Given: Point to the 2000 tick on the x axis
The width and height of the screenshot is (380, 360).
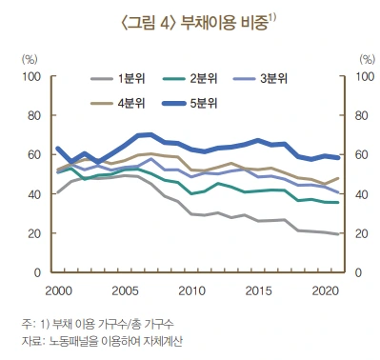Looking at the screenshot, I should point(58,289).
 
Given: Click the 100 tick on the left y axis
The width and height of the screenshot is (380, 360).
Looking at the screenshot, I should point(31,76).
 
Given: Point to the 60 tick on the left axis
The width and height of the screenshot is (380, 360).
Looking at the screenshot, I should point(34,155).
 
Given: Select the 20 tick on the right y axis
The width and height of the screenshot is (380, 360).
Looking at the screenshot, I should point(363,233).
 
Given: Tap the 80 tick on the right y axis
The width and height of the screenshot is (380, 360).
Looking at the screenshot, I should point(363,115).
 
